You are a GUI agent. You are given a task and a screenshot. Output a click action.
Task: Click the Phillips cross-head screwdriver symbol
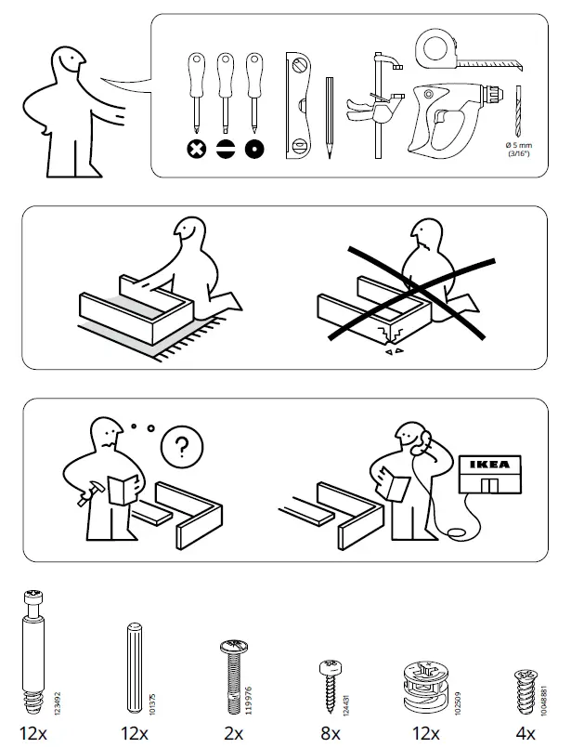point(196,149)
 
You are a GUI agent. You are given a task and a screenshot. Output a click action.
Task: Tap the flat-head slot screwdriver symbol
point(224,149)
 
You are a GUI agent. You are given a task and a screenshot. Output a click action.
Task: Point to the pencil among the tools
point(329,118)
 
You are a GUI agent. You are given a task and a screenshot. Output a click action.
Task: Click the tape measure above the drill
point(444,49)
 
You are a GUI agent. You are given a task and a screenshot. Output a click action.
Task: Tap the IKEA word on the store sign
point(489,465)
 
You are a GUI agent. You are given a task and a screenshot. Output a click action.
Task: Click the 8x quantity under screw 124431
point(330,734)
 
